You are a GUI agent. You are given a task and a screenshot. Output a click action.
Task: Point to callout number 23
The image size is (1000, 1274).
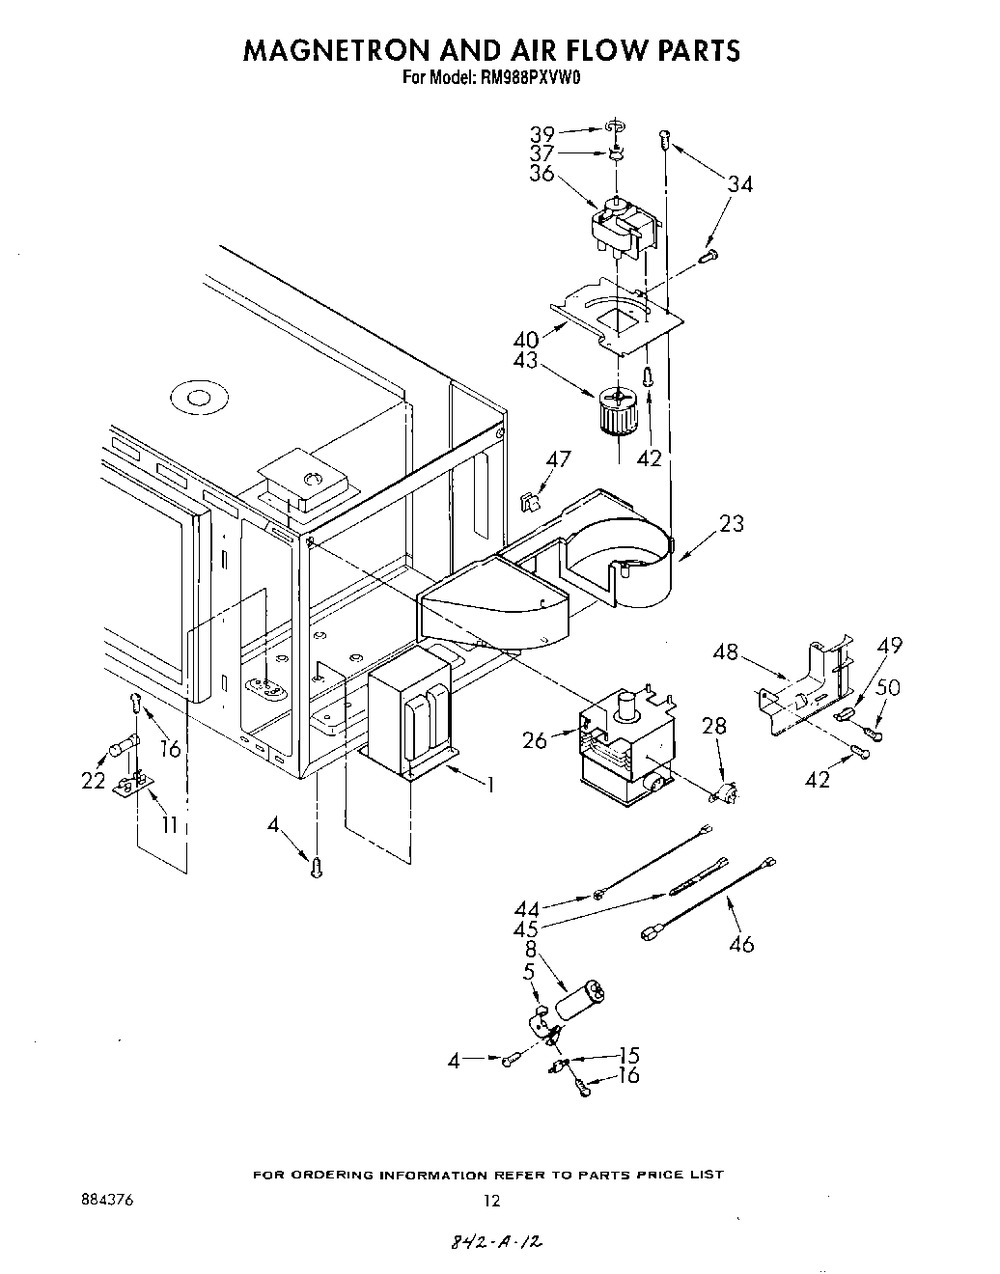click(732, 523)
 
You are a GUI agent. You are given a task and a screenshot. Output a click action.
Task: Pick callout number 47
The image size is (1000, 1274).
click(559, 460)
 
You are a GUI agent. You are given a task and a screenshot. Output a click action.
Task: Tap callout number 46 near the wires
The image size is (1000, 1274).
click(741, 944)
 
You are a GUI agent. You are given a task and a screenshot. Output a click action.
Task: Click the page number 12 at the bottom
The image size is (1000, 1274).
click(491, 1201)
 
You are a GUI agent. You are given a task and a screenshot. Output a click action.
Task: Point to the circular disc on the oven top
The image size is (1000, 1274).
click(194, 399)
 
